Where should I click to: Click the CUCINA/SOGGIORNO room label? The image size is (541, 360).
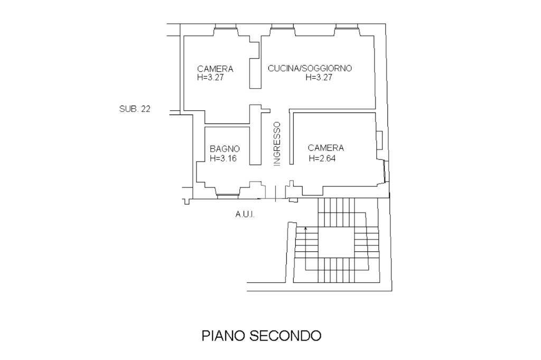pyautogui.click(x=310, y=68)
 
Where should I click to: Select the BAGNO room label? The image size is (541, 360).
pyautogui.click(x=225, y=149)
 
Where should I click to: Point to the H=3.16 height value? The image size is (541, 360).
pyautogui.click(x=223, y=158)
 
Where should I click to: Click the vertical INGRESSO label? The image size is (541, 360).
pyautogui.click(x=277, y=145)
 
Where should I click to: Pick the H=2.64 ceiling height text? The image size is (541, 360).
pyautogui.click(x=322, y=158)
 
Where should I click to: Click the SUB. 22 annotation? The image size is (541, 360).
pyautogui.click(x=135, y=109)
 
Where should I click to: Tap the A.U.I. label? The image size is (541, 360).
pyautogui.click(x=245, y=214)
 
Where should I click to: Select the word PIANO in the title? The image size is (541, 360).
pyautogui.click(x=223, y=336)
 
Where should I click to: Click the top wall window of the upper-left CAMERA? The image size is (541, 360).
pyautogui.click(x=226, y=26)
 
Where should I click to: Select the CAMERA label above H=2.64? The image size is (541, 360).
pyautogui.click(x=326, y=148)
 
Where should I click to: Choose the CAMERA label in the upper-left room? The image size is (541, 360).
pyautogui.click(x=215, y=69)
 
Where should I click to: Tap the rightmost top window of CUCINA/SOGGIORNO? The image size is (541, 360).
pyautogui.click(x=347, y=26)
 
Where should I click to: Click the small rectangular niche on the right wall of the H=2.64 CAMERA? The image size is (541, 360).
pyautogui.click(x=379, y=140)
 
